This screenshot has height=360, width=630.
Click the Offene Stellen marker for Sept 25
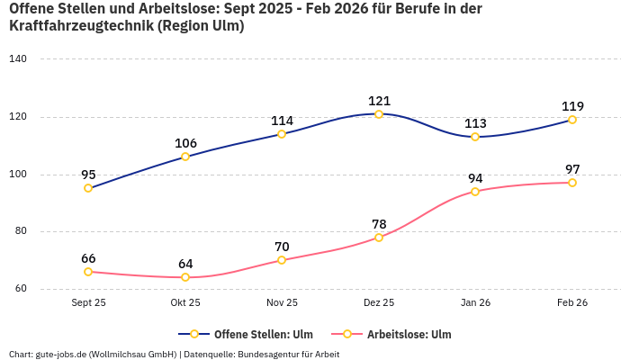click(88, 188)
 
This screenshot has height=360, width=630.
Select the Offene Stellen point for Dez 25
click(379, 114)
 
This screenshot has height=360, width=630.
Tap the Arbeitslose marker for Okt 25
click(185, 277)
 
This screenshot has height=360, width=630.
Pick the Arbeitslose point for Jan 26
click(475, 192)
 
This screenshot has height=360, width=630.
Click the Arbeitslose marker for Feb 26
click(572, 183)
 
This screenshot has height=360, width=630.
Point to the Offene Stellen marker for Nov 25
click(282, 134)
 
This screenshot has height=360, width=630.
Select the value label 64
click(185, 264)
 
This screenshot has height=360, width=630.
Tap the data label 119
click(572, 106)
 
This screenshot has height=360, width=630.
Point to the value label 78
click(379, 224)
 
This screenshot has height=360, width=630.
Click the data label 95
click(88, 175)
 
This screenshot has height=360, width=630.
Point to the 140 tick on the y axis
click(18, 59)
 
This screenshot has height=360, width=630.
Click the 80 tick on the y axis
click(21, 231)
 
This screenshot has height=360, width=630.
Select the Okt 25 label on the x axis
click(185, 303)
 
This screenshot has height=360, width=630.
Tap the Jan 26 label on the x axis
click(475, 303)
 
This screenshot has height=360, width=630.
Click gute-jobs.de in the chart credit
click(62, 355)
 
